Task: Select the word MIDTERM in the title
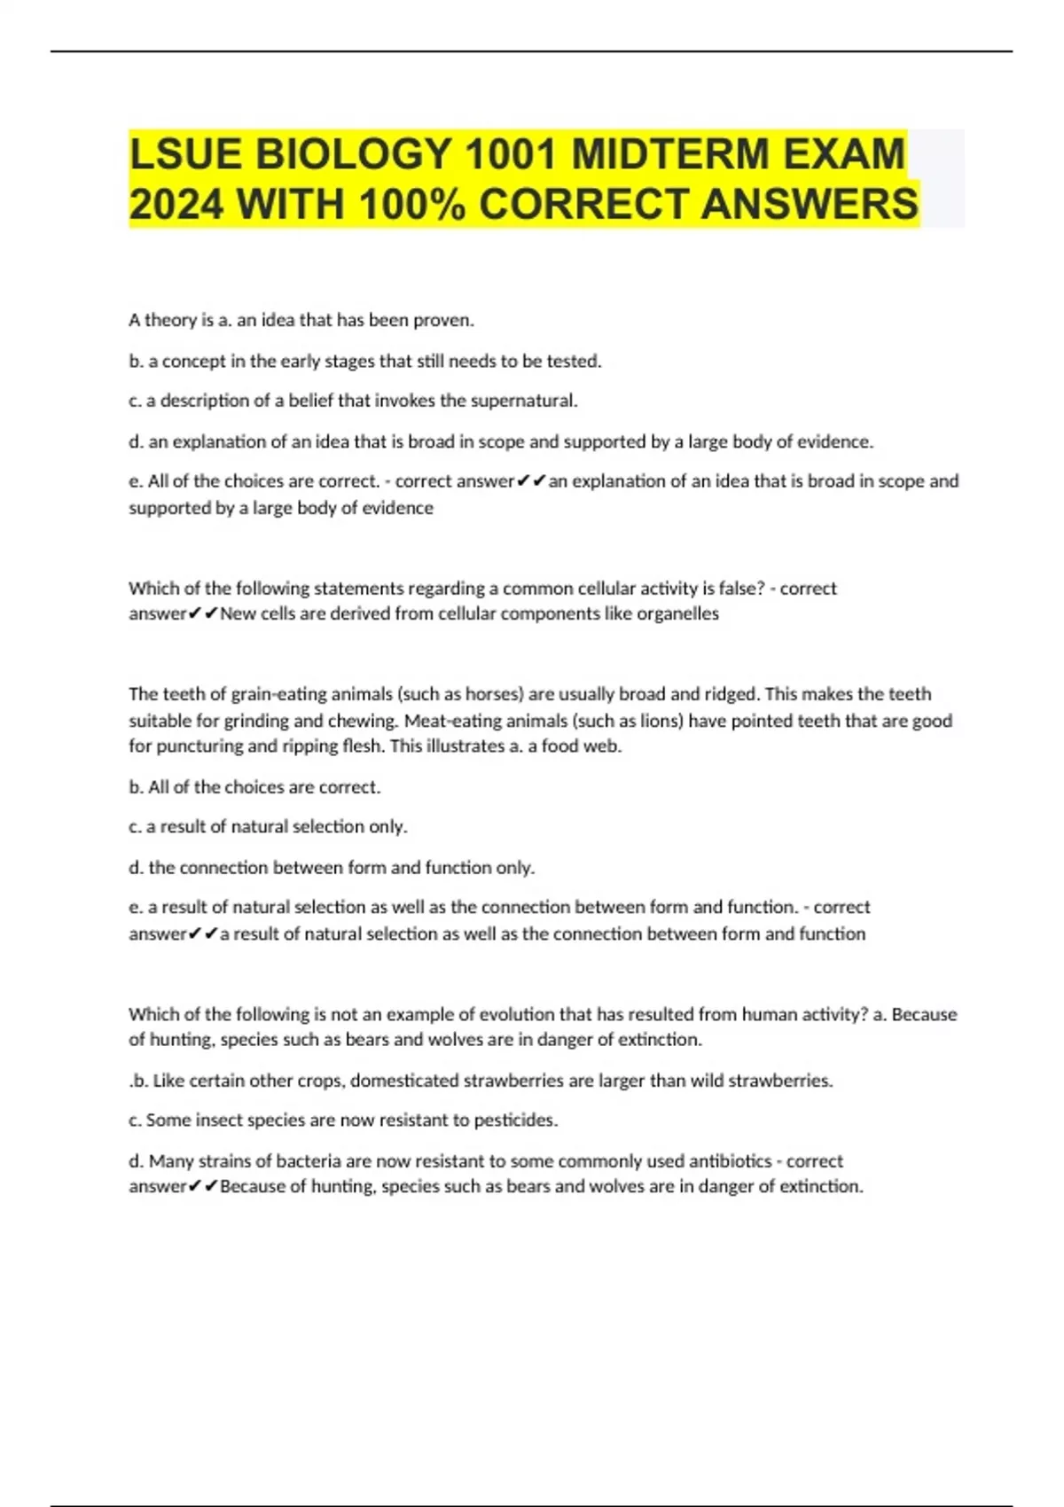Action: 669,154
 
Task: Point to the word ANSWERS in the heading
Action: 810,205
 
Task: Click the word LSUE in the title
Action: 185,154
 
